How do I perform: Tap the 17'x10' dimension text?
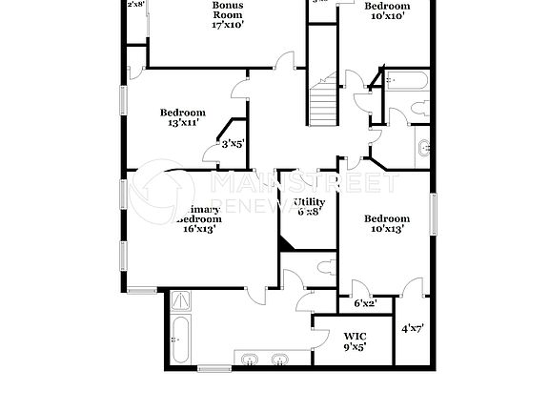click(x=228, y=25)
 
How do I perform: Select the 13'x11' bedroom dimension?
click(x=181, y=124)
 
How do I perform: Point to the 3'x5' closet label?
click(x=233, y=144)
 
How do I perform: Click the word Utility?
click(x=310, y=202)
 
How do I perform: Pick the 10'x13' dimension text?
click(x=387, y=229)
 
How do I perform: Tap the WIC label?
click(x=354, y=336)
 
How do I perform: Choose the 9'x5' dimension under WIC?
click(x=354, y=348)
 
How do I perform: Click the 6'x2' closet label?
click(x=365, y=304)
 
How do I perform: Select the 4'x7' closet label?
click(x=412, y=329)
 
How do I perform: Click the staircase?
click(x=323, y=101)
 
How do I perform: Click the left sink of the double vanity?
click(x=248, y=359)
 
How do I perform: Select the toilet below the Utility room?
click(x=326, y=267)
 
